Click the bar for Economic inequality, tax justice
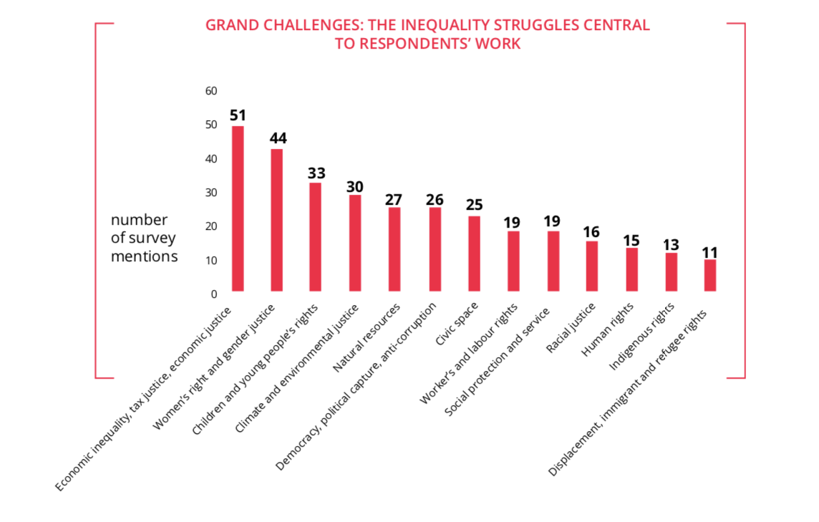tap(238, 208)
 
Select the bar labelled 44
tap(277, 220)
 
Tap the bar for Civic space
tap(474, 253)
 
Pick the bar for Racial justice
tap(591, 266)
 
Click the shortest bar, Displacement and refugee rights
tap(709, 275)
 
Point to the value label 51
tap(238, 115)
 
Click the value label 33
tap(316, 173)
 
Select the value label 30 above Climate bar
tap(355, 186)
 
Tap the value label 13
tap(671, 245)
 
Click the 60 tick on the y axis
tap(210, 91)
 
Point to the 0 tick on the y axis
tap(213, 294)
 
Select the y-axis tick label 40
tap(210, 159)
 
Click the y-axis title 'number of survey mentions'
tap(143, 238)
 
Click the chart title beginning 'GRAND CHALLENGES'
tap(427, 34)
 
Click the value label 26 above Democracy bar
tap(435, 199)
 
